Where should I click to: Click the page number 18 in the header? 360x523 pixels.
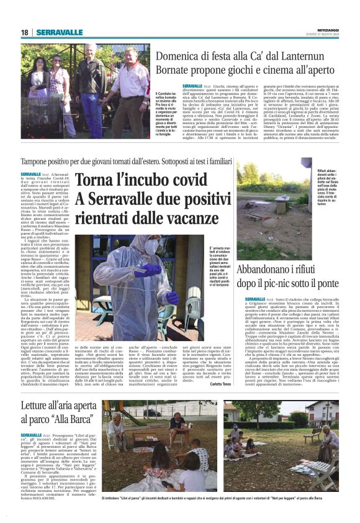(x=25, y=32)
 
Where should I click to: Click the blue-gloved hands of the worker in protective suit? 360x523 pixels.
(x=146, y=270)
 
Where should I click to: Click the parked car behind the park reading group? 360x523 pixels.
(x=153, y=413)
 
